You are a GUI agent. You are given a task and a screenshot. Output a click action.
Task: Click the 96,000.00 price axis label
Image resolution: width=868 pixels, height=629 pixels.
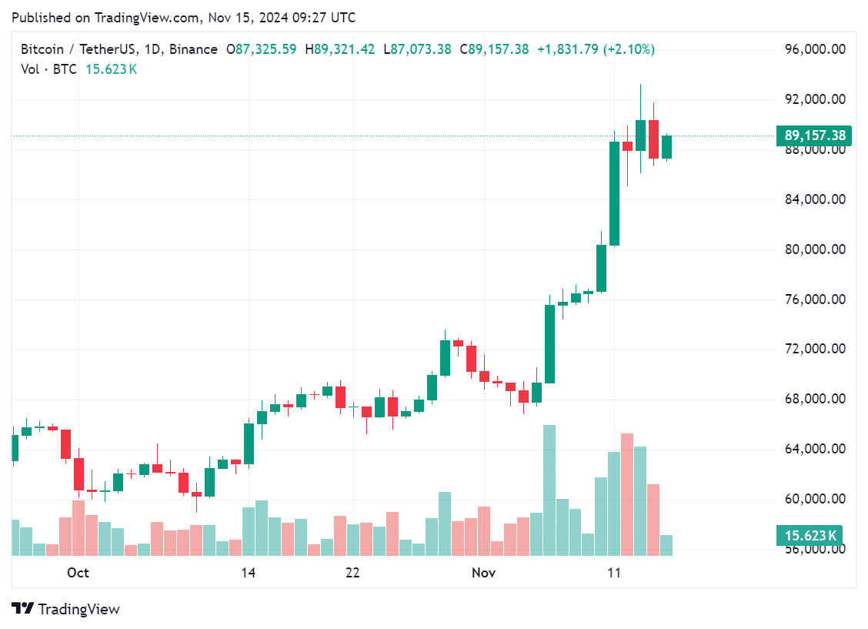[816, 49]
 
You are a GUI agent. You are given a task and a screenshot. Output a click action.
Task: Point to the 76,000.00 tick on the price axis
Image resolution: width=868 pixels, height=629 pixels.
[816, 299]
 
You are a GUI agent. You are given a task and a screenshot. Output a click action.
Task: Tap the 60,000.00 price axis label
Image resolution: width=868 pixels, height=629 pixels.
[816, 499]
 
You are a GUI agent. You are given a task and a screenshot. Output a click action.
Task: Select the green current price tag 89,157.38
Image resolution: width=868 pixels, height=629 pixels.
[815, 136]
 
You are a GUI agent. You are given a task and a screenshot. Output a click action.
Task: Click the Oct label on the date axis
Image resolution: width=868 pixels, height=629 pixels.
[78, 573]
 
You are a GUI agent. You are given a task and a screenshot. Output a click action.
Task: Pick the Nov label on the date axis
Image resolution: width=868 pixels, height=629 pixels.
[483, 573]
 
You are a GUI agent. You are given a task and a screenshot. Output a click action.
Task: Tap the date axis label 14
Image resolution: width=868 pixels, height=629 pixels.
[248, 573]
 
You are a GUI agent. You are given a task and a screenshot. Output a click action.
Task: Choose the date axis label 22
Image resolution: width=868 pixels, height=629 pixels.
[352, 573]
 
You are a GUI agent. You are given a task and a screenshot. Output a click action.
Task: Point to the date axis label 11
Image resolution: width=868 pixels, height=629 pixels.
[614, 573]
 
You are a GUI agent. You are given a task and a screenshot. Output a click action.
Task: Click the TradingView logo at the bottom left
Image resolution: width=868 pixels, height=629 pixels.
[66, 609]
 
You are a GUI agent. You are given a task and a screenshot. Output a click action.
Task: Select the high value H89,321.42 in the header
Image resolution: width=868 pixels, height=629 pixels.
[340, 49]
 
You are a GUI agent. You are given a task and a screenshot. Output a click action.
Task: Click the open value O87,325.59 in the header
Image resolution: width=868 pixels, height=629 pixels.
[261, 49]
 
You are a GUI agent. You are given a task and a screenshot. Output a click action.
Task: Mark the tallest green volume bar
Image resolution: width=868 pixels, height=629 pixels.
[549, 490]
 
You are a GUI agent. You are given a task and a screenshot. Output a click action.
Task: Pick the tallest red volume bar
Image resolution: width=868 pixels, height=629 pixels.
[627, 494]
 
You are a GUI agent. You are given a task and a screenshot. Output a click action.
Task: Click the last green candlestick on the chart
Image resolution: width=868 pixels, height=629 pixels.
[666, 147]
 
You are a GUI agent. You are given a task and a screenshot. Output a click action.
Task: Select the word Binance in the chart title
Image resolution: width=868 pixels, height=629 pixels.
[193, 49]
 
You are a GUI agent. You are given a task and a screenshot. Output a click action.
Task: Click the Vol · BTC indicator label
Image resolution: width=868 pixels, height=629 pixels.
[48, 69]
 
